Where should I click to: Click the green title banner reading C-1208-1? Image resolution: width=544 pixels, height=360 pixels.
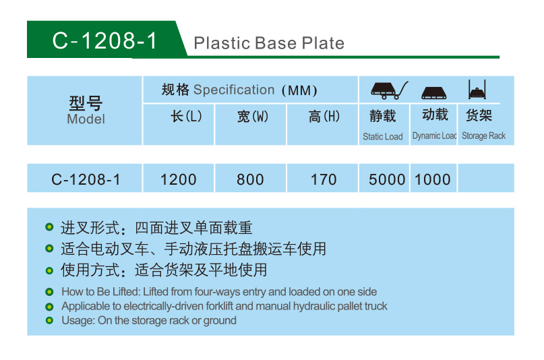[104, 40]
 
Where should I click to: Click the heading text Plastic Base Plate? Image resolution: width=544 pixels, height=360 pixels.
[269, 43]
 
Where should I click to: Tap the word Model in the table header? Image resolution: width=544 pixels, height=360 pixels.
[86, 119]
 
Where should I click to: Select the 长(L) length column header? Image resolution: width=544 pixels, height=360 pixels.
[186, 116]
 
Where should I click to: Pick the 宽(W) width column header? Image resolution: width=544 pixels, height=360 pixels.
[253, 117]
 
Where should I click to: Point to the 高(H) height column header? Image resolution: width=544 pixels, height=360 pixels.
[324, 116]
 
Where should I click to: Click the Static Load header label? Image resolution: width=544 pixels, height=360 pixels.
[383, 137]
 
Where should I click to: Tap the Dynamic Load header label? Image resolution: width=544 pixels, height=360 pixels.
[434, 136]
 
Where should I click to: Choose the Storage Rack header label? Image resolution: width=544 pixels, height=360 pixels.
[483, 136]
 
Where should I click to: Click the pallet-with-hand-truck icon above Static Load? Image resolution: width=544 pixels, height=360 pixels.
[389, 90]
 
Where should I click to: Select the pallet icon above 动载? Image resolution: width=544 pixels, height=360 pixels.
[434, 93]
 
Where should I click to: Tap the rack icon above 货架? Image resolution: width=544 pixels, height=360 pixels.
[477, 90]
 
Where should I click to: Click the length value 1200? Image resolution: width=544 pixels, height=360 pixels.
[179, 179]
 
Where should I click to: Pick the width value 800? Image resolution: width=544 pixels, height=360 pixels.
[250, 179]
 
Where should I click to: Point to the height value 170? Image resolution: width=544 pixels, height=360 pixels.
[324, 179]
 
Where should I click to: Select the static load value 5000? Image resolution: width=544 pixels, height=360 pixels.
[387, 179]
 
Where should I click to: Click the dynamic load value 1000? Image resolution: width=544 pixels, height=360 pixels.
[433, 179]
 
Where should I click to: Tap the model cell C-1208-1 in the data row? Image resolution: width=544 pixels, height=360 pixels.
[86, 179]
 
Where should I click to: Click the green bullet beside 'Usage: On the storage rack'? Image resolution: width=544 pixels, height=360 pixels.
[49, 320]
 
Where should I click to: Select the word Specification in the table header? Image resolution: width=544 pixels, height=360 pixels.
[234, 90]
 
